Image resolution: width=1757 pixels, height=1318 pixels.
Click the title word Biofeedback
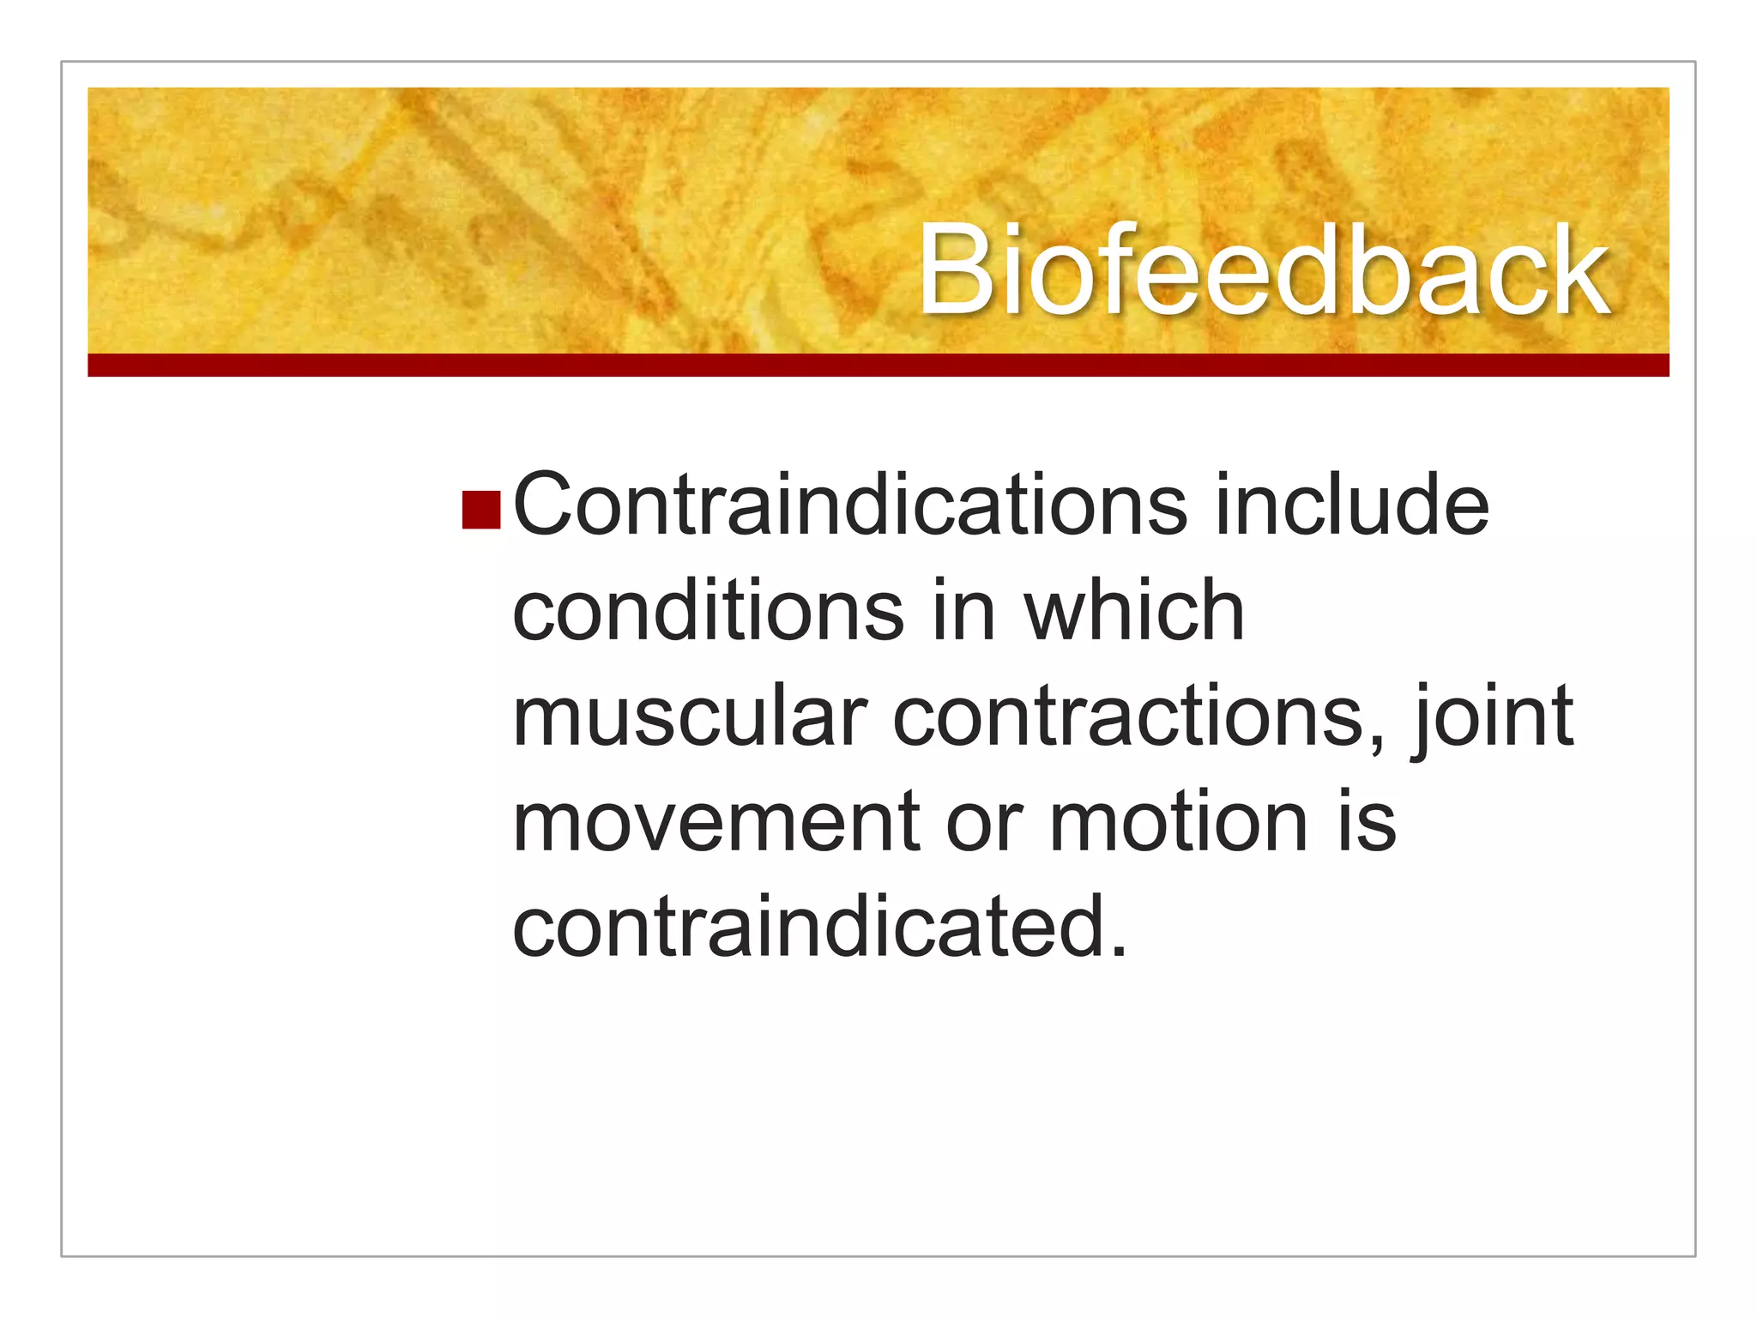click(1263, 271)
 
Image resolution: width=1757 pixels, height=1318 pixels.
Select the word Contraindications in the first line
click(849, 506)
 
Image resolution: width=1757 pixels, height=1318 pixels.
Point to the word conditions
click(708, 611)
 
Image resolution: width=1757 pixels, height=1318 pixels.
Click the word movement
click(716, 823)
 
